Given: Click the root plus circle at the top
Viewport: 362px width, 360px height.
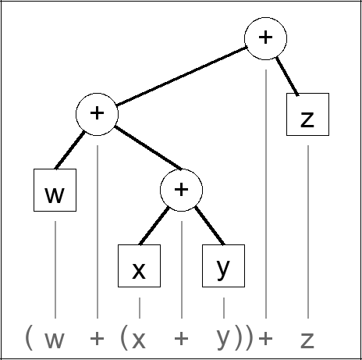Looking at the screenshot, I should [x=266, y=38].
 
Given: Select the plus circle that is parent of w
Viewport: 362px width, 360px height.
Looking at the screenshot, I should [x=97, y=113].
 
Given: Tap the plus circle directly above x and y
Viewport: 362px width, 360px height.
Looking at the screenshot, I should [x=181, y=190].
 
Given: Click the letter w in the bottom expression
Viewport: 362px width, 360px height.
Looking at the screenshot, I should [x=55, y=340].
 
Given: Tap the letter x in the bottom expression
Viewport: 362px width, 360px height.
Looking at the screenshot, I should [x=140, y=340].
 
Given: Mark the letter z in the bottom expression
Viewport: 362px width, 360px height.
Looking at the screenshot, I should [x=307, y=340].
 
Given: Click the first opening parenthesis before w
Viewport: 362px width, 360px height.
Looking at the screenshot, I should [x=28, y=338].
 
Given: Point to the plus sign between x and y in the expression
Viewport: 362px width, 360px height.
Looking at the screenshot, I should [x=181, y=339].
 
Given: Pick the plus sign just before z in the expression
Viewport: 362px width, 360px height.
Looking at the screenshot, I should [x=266, y=339].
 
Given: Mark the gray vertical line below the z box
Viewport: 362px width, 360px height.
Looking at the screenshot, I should [x=307, y=226].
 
